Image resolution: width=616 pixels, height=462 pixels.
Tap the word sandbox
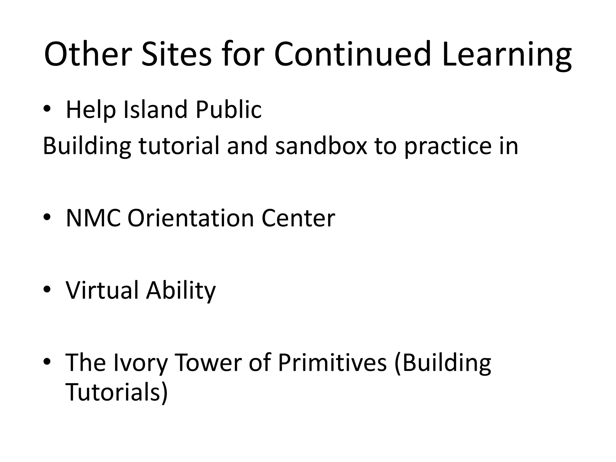click(x=321, y=146)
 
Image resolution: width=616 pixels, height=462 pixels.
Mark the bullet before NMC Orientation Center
click(x=48, y=218)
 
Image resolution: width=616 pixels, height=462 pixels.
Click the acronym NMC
click(x=93, y=218)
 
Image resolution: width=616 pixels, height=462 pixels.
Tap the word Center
click(x=298, y=218)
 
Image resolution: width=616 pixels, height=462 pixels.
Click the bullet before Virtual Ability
click(x=48, y=291)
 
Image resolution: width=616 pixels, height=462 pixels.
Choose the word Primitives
click(x=332, y=363)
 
